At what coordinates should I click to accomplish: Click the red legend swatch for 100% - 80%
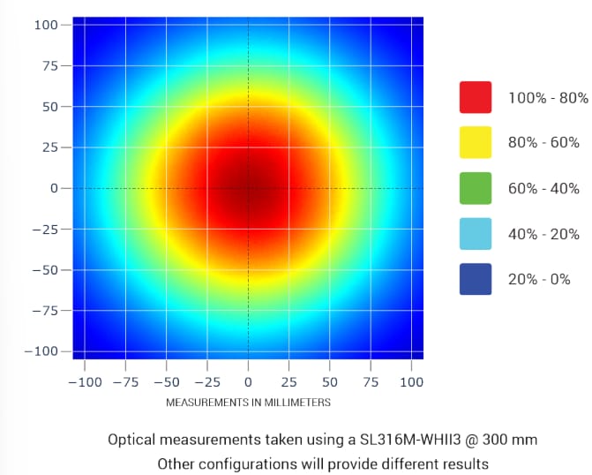(475, 96)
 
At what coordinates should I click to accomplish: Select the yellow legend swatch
(475, 142)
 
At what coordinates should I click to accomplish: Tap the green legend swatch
(475, 188)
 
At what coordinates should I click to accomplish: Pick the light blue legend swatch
(475, 234)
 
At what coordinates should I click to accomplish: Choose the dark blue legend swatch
(475, 280)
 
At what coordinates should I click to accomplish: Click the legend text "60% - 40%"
(543, 188)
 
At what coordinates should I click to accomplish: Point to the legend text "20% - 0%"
(539, 280)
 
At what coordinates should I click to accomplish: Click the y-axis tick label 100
(46, 25)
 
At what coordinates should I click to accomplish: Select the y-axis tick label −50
(45, 270)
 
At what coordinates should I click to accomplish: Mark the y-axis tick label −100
(41, 351)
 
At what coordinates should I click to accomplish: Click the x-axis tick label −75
(125, 382)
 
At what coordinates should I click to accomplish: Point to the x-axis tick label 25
(289, 382)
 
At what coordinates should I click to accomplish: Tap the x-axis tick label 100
(411, 382)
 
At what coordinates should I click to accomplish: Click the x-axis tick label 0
(248, 382)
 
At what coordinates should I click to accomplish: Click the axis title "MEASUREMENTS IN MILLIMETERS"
(248, 403)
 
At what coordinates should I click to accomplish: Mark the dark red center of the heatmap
(248, 187)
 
